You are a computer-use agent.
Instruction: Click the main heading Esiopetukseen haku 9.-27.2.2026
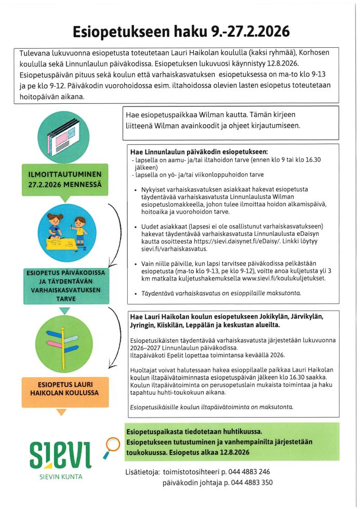click(180, 31)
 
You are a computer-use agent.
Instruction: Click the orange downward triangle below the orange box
click(61, 412)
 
